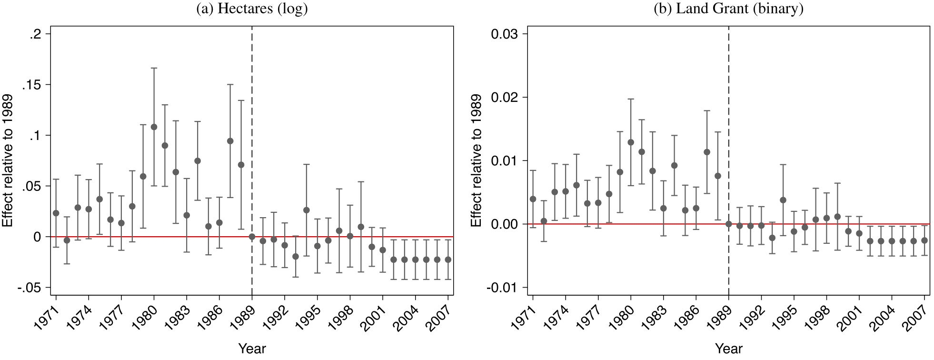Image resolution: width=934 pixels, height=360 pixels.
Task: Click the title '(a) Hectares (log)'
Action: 252,9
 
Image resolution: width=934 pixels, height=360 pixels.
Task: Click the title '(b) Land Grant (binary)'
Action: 728,9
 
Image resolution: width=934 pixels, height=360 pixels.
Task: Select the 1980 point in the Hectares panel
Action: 154,127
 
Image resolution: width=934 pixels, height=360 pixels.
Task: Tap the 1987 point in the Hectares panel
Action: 230,141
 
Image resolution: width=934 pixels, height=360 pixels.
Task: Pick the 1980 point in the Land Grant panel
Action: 631,142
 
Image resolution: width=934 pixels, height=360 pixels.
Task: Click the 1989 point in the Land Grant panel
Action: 728,224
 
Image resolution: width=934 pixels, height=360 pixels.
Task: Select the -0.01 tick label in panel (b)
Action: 503,288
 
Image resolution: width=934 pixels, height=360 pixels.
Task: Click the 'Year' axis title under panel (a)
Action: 252,349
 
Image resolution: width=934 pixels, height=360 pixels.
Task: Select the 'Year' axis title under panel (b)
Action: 728,349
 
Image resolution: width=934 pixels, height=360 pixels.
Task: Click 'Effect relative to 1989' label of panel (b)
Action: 476,160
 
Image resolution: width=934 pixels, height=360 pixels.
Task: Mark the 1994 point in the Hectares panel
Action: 306,210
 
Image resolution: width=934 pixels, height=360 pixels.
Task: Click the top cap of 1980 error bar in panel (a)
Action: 154,68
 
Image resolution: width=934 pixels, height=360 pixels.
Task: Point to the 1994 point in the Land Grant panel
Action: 783,200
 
